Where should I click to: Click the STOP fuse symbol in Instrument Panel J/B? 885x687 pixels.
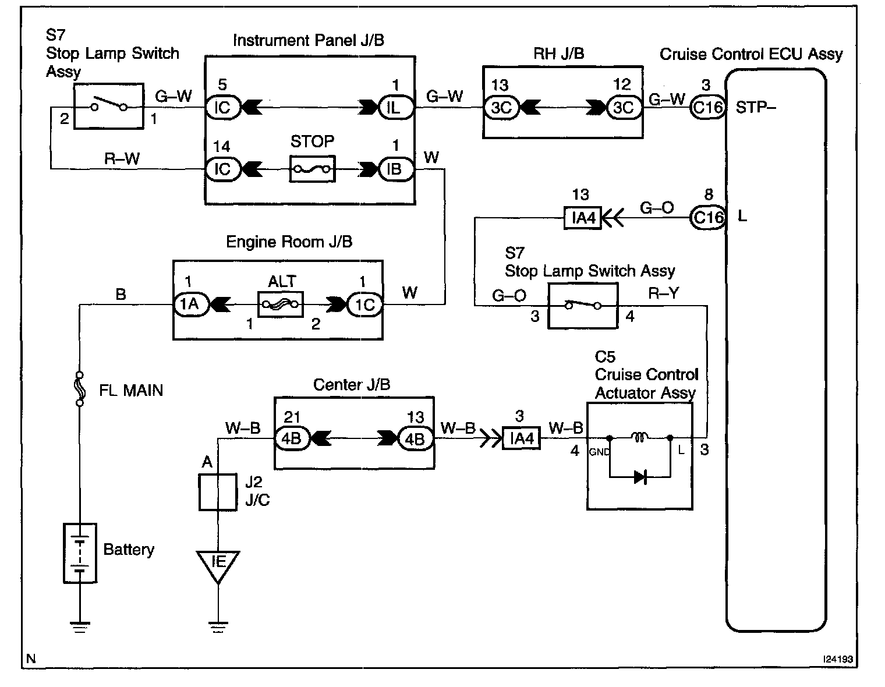pyautogui.click(x=312, y=169)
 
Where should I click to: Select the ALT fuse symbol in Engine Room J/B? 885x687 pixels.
pyautogui.click(x=280, y=304)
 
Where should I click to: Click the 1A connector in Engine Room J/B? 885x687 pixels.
pyautogui.click(x=190, y=304)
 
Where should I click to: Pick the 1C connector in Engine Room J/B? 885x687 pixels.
pyautogui.click(x=364, y=304)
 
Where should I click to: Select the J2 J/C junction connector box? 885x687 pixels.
pyautogui.click(x=218, y=492)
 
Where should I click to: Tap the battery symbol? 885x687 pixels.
pyautogui.click(x=80, y=552)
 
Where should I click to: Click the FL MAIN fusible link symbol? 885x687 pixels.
pyautogui.click(x=80, y=389)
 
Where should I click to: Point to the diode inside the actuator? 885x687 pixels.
pyautogui.click(x=640, y=477)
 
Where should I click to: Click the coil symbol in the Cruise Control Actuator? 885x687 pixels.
pyautogui.click(x=639, y=436)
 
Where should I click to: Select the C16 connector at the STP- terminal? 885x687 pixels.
pyautogui.click(x=707, y=108)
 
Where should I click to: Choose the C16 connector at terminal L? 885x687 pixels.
pyautogui.click(x=707, y=218)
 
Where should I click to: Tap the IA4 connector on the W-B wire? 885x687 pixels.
pyautogui.click(x=521, y=438)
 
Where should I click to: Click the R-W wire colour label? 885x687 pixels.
pyautogui.click(x=122, y=158)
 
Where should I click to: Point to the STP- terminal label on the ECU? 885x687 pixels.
pyautogui.click(x=755, y=108)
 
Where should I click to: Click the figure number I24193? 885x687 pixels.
pyautogui.click(x=837, y=660)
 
